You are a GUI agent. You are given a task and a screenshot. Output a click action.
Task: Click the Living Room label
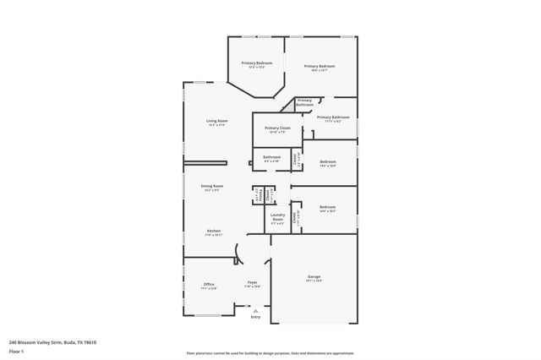[217, 121]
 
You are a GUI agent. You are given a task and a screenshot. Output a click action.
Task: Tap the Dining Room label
[212, 186]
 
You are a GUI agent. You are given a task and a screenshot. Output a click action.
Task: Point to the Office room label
[209, 284]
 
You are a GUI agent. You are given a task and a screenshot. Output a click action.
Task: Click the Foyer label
[252, 282]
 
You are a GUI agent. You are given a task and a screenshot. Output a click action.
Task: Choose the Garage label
[314, 277]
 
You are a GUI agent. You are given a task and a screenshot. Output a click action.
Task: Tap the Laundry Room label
[277, 217]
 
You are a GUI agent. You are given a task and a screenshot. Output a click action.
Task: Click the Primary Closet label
[277, 128]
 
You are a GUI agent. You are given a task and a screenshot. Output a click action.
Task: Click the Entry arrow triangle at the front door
[255, 311]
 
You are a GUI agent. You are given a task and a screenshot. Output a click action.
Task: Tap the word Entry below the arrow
[255, 317]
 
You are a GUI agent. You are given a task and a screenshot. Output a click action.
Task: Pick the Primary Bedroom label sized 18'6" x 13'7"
[320, 66]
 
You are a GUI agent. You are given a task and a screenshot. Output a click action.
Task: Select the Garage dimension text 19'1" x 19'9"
[314, 281]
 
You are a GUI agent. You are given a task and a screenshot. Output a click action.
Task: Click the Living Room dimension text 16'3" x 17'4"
[217, 125]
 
